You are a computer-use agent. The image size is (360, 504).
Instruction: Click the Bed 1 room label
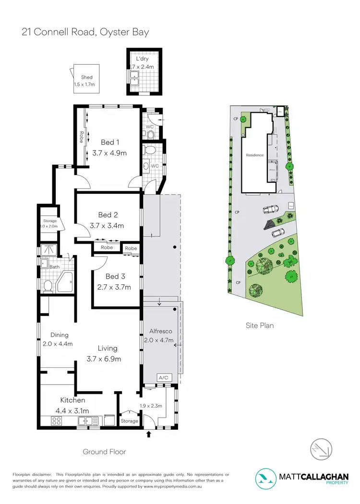click(x=108, y=142)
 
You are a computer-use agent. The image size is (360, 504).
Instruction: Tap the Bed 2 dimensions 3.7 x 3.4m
click(x=107, y=225)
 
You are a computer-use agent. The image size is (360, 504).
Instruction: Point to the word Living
click(x=108, y=348)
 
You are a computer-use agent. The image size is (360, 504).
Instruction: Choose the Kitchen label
click(x=72, y=400)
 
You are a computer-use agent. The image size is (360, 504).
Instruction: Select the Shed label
click(x=86, y=77)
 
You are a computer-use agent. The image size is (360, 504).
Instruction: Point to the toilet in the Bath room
click(x=48, y=286)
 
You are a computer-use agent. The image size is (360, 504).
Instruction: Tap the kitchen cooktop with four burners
click(x=56, y=421)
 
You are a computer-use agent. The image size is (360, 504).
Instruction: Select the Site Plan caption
click(x=260, y=326)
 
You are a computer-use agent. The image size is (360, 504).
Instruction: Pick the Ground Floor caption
click(x=104, y=451)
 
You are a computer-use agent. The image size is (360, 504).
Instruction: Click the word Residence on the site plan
click(x=255, y=155)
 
